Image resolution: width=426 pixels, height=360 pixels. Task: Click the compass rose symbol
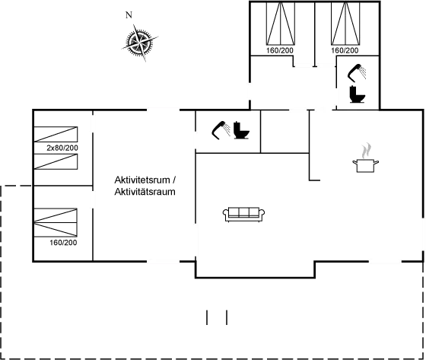[140, 43]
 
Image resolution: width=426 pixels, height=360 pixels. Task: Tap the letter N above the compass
[129, 15]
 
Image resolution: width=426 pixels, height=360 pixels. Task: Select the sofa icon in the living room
[243, 215]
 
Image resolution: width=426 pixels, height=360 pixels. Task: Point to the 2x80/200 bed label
[62, 148]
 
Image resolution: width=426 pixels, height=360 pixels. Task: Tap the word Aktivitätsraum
[145, 192]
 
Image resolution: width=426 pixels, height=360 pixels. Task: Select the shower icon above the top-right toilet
[357, 72]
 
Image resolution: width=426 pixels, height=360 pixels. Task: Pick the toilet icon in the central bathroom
[241, 130]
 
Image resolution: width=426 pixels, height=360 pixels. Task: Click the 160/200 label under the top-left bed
[280, 50]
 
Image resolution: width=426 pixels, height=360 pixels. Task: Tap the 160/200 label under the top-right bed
[345, 50]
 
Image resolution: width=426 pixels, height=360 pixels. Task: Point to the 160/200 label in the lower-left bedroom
[63, 243]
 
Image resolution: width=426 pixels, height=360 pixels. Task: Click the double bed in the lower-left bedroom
[56, 222]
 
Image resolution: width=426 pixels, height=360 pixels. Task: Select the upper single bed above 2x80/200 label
[56, 134]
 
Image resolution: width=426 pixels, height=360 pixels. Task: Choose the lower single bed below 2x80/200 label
[56, 161]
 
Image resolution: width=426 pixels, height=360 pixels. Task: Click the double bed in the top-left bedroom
[281, 23]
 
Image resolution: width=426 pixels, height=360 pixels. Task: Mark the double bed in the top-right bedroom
[345, 23]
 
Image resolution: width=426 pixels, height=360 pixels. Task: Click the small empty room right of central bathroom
[285, 132]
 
